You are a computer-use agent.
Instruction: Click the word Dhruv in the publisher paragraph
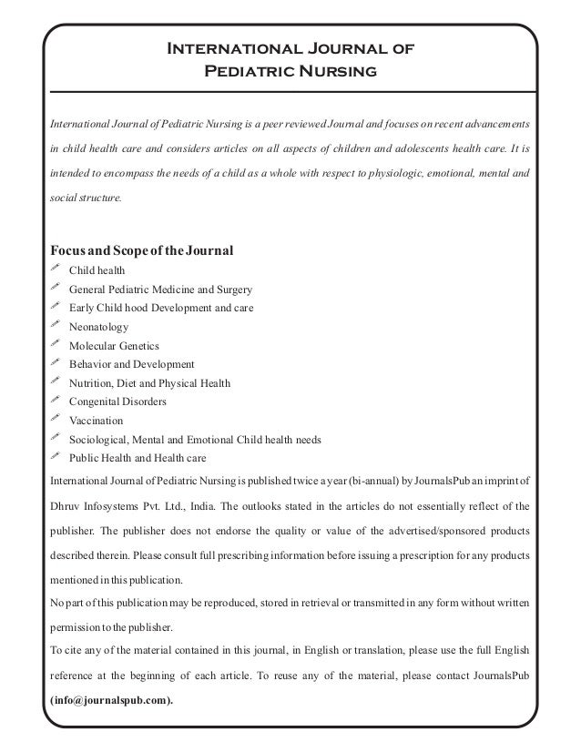point(68,504)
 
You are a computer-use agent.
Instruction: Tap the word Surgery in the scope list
point(231,290)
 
